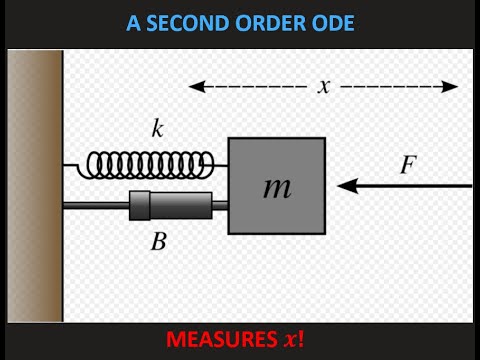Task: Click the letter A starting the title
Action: click(133, 23)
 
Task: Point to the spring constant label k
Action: click(157, 128)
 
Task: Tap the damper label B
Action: click(157, 241)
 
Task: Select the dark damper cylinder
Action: click(180, 206)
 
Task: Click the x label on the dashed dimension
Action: click(324, 86)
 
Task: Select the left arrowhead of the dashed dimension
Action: click(194, 86)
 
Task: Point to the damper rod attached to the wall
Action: click(95, 206)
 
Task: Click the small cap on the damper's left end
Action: click(139, 206)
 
